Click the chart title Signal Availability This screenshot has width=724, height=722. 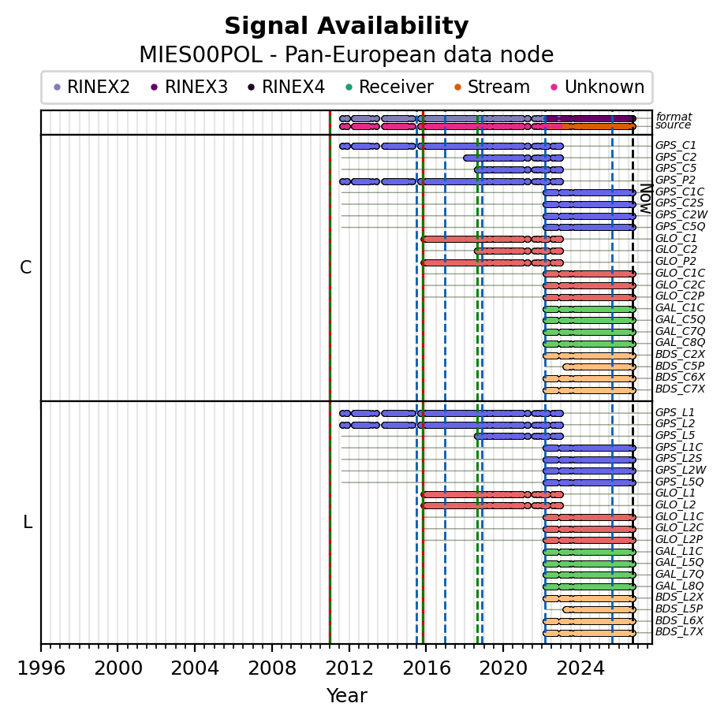point(346,26)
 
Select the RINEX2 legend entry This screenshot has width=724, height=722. point(91,87)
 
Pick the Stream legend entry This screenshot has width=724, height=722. point(492,87)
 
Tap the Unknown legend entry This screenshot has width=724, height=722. point(598,87)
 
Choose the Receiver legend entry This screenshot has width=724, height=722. point(390,87)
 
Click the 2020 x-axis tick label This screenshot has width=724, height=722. point(503,668)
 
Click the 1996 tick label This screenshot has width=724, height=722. point(41,668)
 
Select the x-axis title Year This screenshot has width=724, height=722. point(347,695)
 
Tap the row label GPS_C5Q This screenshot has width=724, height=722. point(680,226)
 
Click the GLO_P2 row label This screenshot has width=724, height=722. point(676,262)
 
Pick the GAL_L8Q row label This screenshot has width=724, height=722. point(679,586)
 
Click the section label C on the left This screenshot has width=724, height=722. point(26,267)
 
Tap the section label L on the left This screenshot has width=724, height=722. point(28,523)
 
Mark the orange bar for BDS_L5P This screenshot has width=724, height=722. point(599,609)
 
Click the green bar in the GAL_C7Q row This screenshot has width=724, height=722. point(590,332)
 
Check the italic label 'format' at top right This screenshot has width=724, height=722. point(674,117)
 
